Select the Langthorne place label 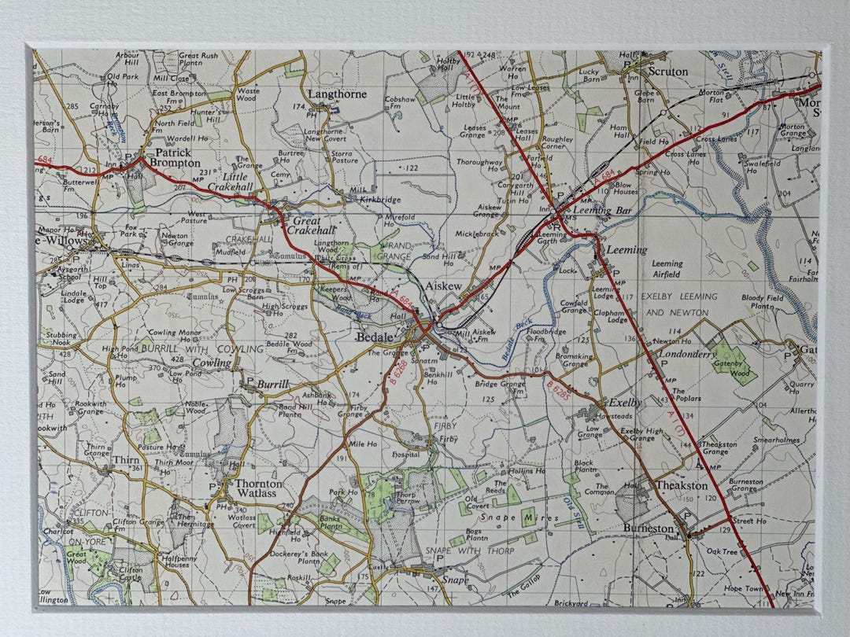click(x=337, y=94)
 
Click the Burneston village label click(x=649, y=528)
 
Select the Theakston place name click(x=676, y=485)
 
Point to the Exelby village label click(x=625, y=402)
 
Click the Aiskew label click(x=443, y=288)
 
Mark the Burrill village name click(x=273, y=385)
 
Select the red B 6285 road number click(x=557, y=390)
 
